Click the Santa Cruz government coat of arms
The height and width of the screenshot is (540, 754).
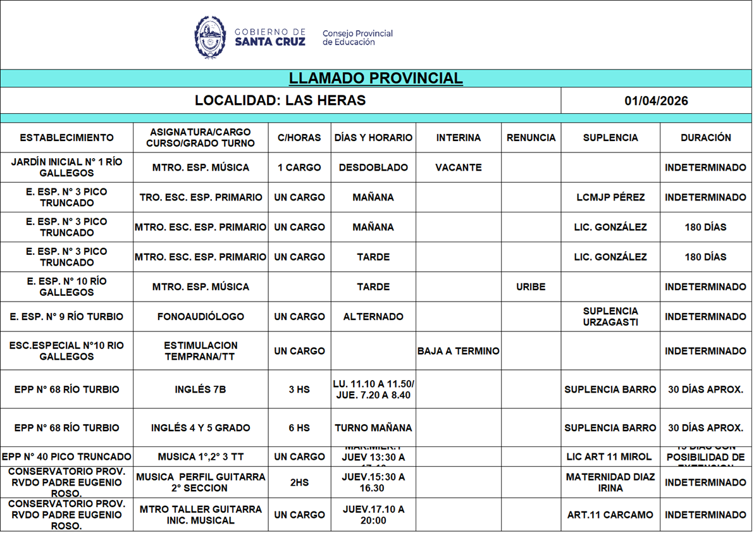click(210, 37)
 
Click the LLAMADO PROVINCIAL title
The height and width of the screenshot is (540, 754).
click(376, 78)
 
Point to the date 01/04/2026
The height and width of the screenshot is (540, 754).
click(656, 101)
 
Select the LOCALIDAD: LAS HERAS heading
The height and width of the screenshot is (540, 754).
click(280, 101)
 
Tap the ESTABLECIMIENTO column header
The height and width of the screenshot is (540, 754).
click(66, 138)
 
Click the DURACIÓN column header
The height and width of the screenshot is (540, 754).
click(705, 138)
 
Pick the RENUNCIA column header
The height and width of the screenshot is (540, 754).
click(531, 138)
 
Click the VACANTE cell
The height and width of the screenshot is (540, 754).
click(458, 168)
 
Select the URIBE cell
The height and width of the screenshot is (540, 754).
click(531, 287)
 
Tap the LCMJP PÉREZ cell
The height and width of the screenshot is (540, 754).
click(610, 197)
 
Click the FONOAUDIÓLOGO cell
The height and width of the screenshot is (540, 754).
click(201, 317)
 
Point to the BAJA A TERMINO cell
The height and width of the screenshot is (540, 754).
click(458, 351)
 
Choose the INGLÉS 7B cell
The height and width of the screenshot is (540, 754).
click(201, 390)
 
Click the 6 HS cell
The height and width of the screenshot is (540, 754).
click(299, 428)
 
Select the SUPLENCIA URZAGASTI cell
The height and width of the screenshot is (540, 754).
click(610, 317)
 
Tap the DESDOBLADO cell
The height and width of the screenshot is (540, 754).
click(373, 168)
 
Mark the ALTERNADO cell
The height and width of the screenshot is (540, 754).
click(373, 317)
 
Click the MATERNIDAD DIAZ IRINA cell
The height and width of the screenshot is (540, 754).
click(610, 482)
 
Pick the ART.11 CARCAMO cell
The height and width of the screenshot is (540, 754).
click(610, 515)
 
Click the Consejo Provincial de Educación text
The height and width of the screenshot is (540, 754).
click(357, 38)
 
